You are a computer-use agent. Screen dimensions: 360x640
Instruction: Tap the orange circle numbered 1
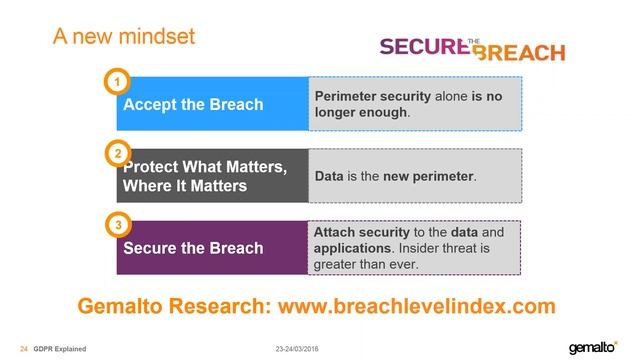point(117,80)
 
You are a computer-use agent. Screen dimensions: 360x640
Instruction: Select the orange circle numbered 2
point(117,154)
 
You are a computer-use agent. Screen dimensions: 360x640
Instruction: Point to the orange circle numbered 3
point(117,226)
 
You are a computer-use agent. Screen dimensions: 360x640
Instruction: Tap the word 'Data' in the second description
point(329,177)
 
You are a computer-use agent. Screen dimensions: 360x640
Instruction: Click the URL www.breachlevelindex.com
point(415,305)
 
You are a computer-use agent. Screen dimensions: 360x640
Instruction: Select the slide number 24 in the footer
point(24,348)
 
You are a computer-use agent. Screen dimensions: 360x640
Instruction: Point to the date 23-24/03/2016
point(303,348)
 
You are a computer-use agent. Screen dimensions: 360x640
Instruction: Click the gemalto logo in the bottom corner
point(596,347)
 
